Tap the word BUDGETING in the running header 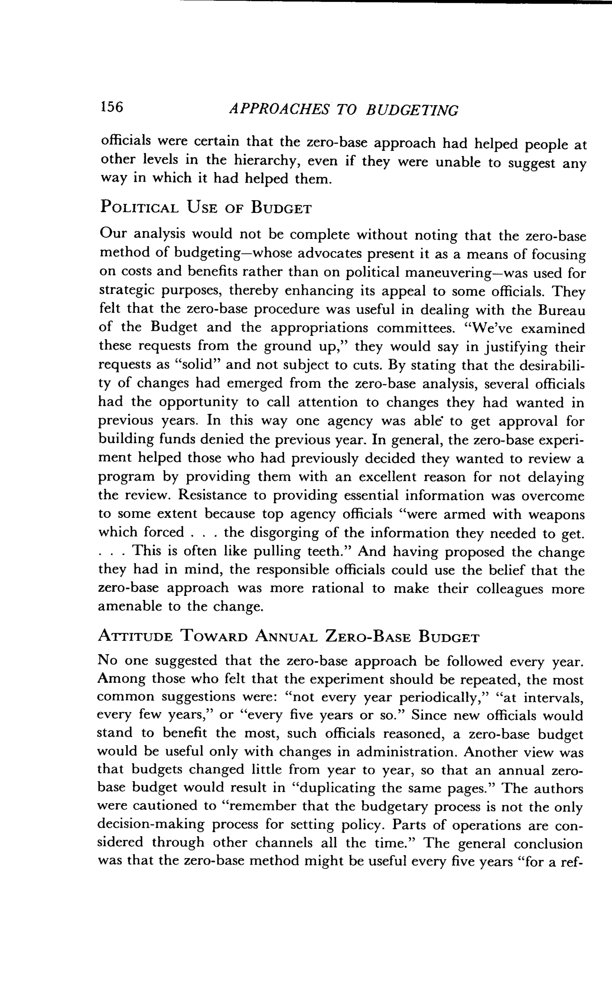click(x=412, y=110)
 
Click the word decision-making click(x=151, y=825)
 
